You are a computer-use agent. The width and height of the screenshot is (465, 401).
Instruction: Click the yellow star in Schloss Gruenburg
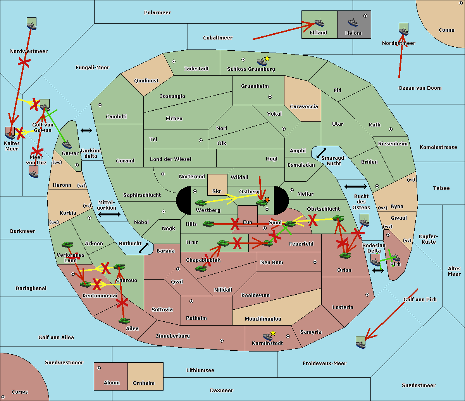pyautogui.click(x=267, y=59)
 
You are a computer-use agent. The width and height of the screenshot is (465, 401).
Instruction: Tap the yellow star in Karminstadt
pyautogui.click(x=273, y=333)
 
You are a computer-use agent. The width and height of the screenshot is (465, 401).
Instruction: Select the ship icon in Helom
pyautogui.click(x=353, y=22)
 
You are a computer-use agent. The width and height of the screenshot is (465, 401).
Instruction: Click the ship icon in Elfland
pyautogui.click(x=319, y=22)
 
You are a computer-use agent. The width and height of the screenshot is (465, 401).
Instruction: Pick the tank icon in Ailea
pyautogui.click(x=124, y=321)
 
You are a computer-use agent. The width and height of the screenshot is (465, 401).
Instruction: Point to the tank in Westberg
pyautogui.click(x=201, y=203)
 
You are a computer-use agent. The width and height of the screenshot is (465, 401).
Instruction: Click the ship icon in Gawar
pyautogui.click(x=67, y=145)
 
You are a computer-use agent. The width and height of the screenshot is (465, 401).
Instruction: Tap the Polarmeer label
pyautogui.click(x=157, y=13)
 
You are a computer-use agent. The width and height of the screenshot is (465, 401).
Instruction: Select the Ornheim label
pyautogui.click(x=143, y=383)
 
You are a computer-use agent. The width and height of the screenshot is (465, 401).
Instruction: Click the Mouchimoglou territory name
pyautogui.click(x=263, y=319)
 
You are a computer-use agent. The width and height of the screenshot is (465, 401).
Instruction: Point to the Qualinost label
pyautogui.click(x=146, y=81)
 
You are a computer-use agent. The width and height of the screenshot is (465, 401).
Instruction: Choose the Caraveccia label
pyautogui.click(x=304, y=107)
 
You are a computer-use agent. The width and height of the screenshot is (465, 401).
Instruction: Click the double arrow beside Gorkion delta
pyautogui.click(x=86, y=131)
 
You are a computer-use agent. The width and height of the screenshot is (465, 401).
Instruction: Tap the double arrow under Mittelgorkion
pyautogui.click(x=109, y=215)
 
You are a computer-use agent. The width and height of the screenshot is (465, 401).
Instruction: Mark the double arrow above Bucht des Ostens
pyautogui.click(x=355, y=187)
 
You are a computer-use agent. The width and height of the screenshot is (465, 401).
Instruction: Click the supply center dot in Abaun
pyautogui.click(x=99, y=368)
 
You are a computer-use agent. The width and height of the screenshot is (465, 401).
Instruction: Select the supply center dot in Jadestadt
pyautogui.click(x=174, y=61)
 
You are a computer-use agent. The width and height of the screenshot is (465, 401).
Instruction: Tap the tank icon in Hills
pyautogui.click(x=208, y=224)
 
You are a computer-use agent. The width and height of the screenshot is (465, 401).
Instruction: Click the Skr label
pyautogui.click(x=217, y=191)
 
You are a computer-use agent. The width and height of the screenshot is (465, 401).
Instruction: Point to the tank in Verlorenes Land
pyautogui.click(x=67, y=244)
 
